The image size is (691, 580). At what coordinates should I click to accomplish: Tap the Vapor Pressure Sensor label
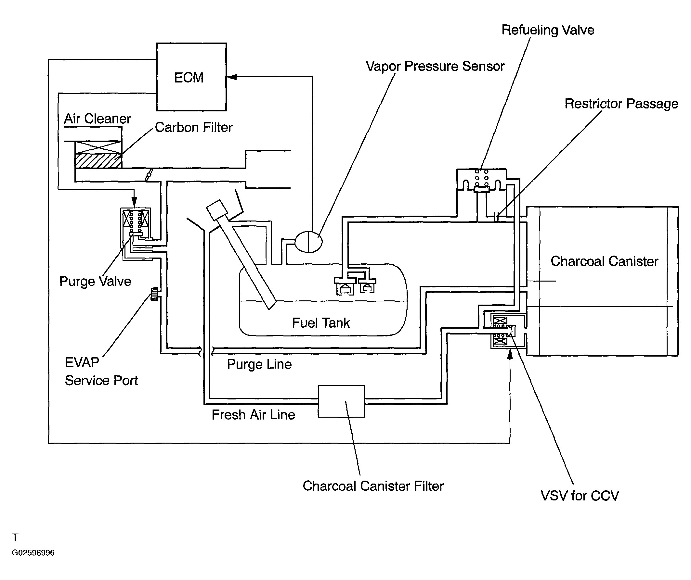pyautogui.click(x=435, y=67)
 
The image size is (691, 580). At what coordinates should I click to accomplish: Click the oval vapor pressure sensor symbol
pyautogui.click(x=308, y=242)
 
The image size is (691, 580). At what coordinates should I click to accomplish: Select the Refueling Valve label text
pyautogui.click(x=548, y=30)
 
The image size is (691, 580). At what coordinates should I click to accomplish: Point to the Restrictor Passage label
pyautogui.click(x=621, y=104)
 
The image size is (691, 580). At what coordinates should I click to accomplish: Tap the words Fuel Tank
pyautogui.click(x=320, y=323)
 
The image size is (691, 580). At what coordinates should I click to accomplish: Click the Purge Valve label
pyautogui.click(x=95, y=282)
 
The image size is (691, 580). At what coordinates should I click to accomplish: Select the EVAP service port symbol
pyautogui.click(x=154, y=294)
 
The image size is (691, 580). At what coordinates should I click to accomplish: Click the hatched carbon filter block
pyautogui.click(x=98, y=161)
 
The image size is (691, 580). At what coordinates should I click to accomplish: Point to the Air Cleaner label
pyautogui.click(x=98, y=119)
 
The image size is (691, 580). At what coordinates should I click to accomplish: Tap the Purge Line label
pyautogui.click(x=259, y=364)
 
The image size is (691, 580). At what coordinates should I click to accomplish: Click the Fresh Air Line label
pyautogui.click(x=254, y=415)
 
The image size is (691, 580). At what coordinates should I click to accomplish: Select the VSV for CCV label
pyautogui.click(x=580, y=496)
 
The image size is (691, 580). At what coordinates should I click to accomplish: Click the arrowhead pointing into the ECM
pyautogui.click(x=232, y=77)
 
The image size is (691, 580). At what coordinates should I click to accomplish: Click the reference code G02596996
pyautogui.click(x=33, y=553)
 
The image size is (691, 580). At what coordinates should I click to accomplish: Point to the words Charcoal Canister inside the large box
pyautogui.click(x=605, y=261)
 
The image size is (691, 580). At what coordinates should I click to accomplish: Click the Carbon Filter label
pyautogui.click(x=193, y=128)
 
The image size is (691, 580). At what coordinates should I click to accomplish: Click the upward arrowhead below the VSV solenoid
pyautogui.click(x=510, y=354)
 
